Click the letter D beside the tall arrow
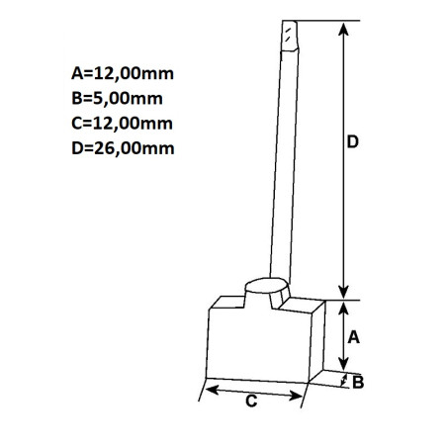coord(351,142)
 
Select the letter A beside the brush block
coord(353,336)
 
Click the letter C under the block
coord(251,402)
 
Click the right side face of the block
coord(317,341)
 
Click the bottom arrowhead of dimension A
coord(342,366)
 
